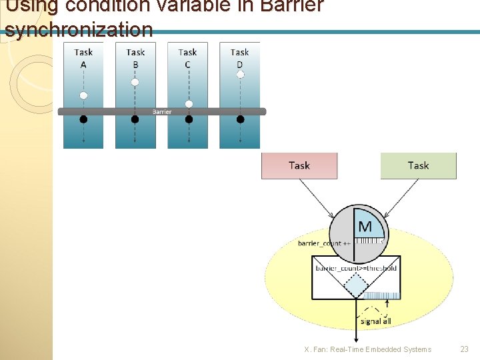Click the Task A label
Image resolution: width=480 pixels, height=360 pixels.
click(x=83, y=58)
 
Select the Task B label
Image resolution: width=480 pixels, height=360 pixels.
click(x=135, y=58)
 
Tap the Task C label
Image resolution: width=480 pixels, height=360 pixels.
click(x=187, y=58)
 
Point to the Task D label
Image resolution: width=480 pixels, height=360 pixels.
click(x=240, y=58)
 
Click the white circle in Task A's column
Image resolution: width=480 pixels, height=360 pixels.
click(x=83, y=95)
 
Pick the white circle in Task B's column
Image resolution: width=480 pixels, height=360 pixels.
click(x=135, y=82)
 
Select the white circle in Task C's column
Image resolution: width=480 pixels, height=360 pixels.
click(x=189, y=104)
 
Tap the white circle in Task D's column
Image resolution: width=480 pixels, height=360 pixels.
click(x=240, y=75)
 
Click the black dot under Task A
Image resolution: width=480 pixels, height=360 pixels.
click(x=83, y=119)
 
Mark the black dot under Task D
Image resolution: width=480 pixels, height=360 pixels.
click(x=240, y=119)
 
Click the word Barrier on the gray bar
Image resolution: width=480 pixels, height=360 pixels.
click(x=162, y=111)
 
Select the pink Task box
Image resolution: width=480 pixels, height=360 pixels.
click(x=299, y=165)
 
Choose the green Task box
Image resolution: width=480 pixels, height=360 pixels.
click(x=418, y=165)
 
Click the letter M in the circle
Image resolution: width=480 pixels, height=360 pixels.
click(x=365, y=227)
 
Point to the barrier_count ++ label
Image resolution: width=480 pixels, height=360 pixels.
click(x=324, y=244)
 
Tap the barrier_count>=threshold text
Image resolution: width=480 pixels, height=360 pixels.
click(x=356, y=268)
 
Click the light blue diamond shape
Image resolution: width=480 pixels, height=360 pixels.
click(x=356, y=285)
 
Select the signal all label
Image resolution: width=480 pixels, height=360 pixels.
click(x=376, y=321)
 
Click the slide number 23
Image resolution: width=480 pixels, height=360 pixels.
click(x=464, y=349)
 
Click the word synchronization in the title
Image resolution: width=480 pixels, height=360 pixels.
click(x=79, y=29)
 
